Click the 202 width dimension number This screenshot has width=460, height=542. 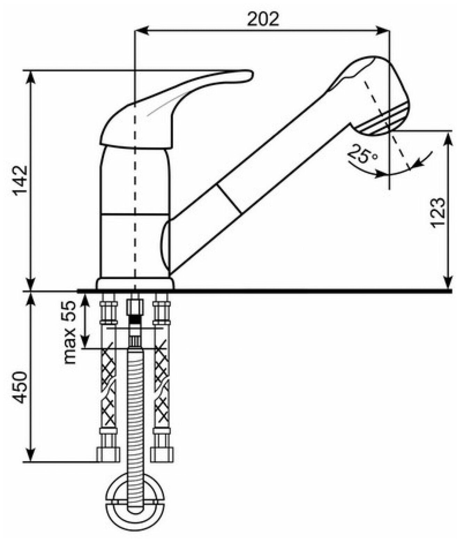[263, 19]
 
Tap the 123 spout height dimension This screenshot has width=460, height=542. [439, 212]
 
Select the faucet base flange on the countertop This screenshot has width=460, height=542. [135, 284]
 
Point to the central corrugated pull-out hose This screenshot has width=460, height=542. [135, 417]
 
